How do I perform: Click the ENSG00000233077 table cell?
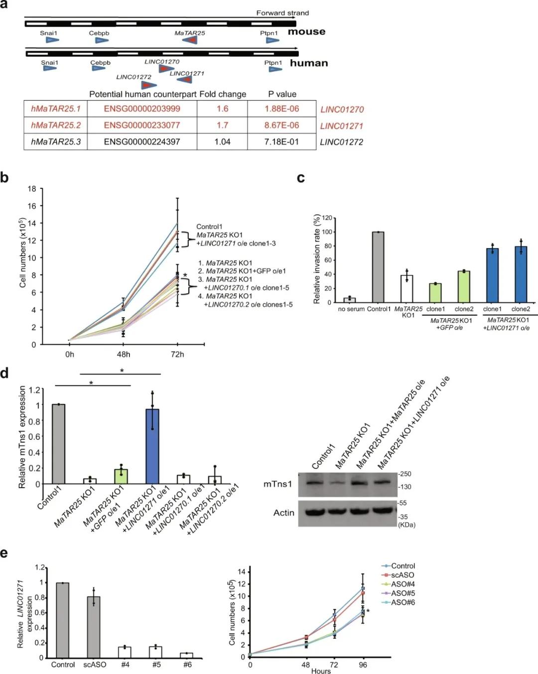coord(142,125)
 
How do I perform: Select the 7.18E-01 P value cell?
coord(281,141)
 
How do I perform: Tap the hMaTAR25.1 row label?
coord(56,109)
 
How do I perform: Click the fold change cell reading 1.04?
coord(222,141)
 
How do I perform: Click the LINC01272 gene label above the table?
coord(134,77)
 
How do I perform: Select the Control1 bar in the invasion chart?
coord(379,267)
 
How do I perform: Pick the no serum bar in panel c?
coord(350,300)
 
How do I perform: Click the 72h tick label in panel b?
coord(177,354)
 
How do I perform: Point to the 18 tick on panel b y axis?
coord(32,189)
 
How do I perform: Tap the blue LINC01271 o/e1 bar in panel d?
coord(152,446)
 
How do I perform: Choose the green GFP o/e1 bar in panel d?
coord(121,476)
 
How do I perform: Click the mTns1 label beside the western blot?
coord(278,484)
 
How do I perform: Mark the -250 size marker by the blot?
coord(405,474)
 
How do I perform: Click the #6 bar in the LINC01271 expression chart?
coord(187,655)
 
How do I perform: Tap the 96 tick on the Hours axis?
coord(363,665)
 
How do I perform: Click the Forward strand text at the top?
coord(282,13)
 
